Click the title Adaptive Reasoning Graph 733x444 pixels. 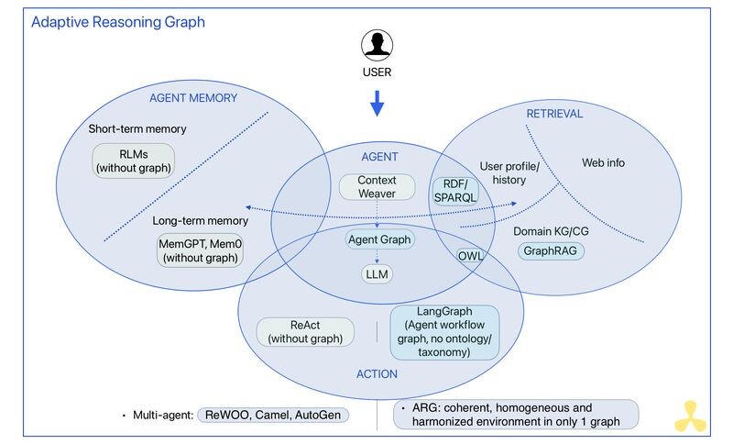point(118,21)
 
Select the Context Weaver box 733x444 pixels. point(377,187)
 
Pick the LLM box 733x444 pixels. point(377,273)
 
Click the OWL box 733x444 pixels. point(470,256)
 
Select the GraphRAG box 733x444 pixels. point(551,250)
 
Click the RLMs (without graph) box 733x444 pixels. point(134,160)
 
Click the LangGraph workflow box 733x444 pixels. point(444,331)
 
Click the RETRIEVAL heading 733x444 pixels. point(553,114)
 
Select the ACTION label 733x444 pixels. point(377,373)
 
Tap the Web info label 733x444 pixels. point(604,162)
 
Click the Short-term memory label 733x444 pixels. point(137,128)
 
